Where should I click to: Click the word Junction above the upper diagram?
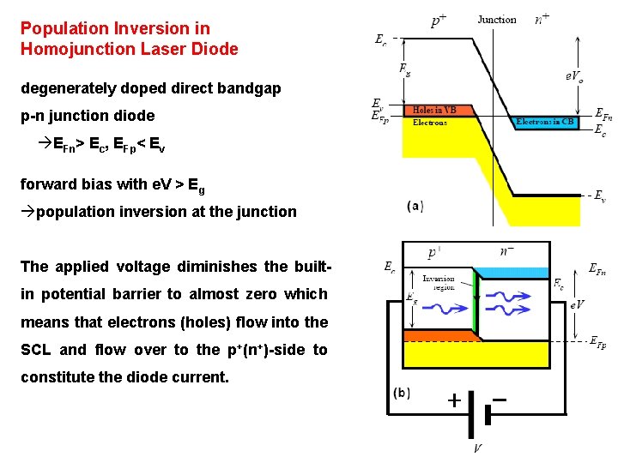coord(497,20)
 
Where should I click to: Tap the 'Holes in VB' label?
coord(435,110)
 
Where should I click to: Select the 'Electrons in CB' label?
coord(545,122)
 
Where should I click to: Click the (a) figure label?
coord(415,206)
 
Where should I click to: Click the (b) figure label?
coord(402,394)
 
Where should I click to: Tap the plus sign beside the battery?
coord(453,400)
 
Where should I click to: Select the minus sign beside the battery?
coord(500,400)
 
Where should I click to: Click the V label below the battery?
coord(477,448)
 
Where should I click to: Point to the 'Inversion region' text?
coord(439,283)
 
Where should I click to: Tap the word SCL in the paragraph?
coord(37,349)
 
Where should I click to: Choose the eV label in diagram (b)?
coord(577,304)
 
